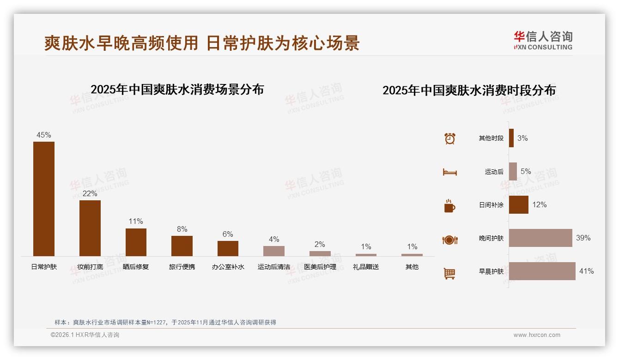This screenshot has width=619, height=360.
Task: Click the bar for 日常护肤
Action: [x=44, y=198]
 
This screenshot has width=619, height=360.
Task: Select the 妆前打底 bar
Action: [x=90, y=228]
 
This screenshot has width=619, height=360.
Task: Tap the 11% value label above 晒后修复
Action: [x=136, y=222]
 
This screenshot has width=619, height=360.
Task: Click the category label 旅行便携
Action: [x=182, y=267]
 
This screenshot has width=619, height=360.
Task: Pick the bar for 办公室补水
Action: [x=228, y=248]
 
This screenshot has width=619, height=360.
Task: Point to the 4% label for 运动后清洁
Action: [x=274, y=239]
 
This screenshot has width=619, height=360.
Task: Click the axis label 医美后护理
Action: [x=320, y=267]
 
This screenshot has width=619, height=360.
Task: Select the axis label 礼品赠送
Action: [x=366, y=267]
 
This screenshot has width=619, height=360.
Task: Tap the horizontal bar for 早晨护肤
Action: [x=542, y=271]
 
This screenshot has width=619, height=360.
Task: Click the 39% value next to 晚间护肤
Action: [x=583, y=238]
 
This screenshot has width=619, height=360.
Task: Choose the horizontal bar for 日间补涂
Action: [x=518, y=205]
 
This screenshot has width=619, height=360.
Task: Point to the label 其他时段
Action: [x=491, y=138]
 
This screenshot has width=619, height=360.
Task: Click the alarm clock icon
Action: [x=450, y=138]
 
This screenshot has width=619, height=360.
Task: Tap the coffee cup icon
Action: [x=449, y=206]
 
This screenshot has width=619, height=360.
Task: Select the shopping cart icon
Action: [x=449, y=273]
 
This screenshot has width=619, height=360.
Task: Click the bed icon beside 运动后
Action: [x=449, y=172]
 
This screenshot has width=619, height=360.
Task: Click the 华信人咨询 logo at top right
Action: [x=543, y=40]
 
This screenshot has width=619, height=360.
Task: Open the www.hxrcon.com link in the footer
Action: [x=537, y=335]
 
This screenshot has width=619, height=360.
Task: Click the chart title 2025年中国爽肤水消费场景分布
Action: [x=177, y=90]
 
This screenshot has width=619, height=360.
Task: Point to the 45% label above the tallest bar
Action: [x=44, y=135]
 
